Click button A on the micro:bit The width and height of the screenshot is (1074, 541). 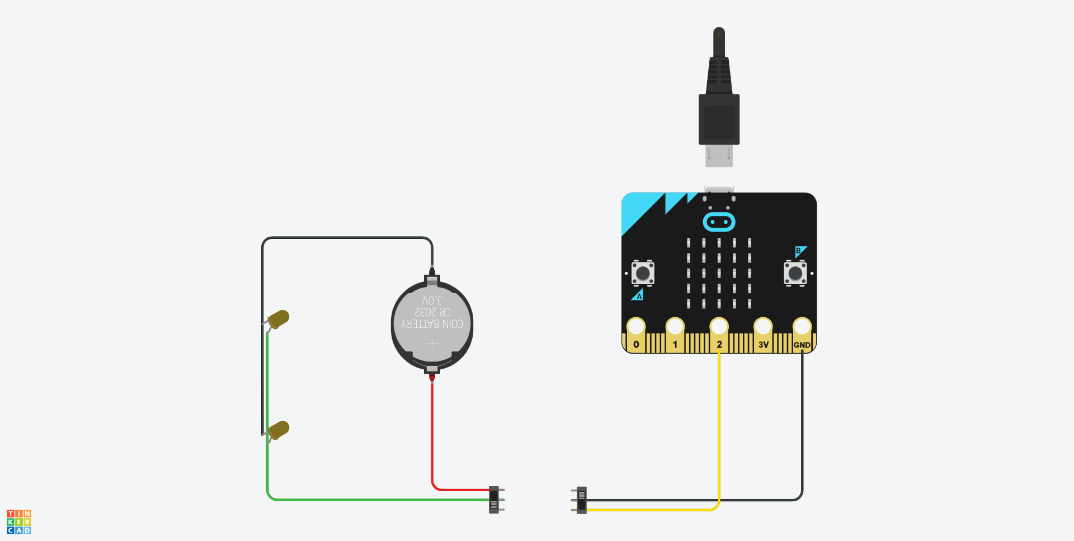tap(643, 273)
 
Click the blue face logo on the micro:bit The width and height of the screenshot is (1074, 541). tap(719, 222)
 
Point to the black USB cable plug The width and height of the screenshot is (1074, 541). tap(719, 112)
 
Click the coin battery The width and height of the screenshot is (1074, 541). tap(432, 324)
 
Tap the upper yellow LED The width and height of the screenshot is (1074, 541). tap(278, 319)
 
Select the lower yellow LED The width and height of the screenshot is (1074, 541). tap(278, 430)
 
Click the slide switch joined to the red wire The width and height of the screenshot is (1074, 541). tap(494, 500)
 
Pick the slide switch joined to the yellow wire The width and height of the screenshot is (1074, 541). tap(581, 500)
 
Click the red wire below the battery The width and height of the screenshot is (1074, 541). tap(432, 431)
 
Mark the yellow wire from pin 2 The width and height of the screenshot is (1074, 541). tap(719, 425)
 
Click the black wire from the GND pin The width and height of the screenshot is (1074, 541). tap(802, 425)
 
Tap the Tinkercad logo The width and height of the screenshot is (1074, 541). tap(18, 521)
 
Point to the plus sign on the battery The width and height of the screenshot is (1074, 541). tap(432, 343)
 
